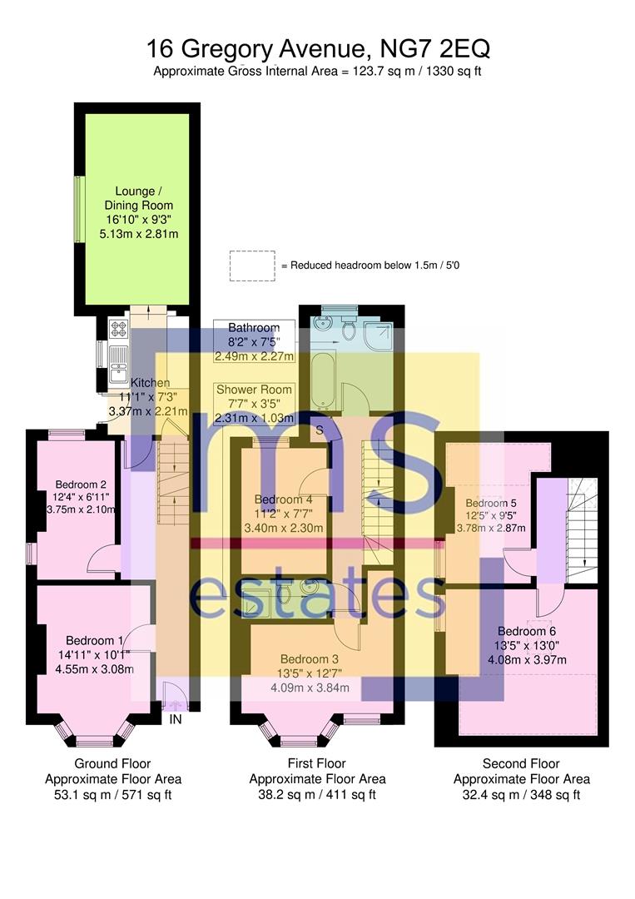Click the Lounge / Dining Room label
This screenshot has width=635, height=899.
(138, 198)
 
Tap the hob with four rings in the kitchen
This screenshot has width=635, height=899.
(119, 329)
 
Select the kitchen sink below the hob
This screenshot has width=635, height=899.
(119, 364)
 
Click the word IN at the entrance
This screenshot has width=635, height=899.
(176, 719)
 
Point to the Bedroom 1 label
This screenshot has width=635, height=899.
(94, 640)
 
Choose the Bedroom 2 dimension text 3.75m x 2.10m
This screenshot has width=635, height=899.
(81, 509)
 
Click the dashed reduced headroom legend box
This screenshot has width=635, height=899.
(252, 266)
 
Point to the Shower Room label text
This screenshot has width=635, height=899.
(254, 390)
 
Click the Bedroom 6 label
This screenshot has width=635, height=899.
(527, 631)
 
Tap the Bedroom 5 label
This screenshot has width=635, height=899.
(490, 504)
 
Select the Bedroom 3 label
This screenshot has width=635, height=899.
(310, 659)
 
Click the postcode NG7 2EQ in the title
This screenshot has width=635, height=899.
(435, 49)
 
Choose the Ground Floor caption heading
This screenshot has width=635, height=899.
(112, 763)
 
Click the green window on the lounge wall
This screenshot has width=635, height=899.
(79, 209)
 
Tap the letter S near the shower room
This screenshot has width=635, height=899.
(320, 430)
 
